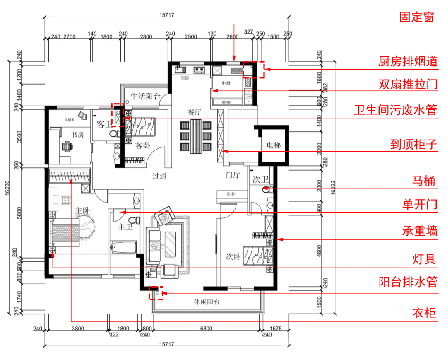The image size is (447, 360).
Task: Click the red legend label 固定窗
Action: (x=417, y=17)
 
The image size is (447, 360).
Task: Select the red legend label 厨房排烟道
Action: (x=408, y=62)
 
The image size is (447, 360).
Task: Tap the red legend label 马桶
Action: (x=423, y=181)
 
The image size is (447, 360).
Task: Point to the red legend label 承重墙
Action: (x=420, y=231)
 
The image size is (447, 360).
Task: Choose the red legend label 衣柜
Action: (x=424, y=313)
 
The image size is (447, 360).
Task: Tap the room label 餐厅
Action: (x=195, y=112)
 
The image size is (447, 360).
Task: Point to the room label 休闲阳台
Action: (x=207, y=302)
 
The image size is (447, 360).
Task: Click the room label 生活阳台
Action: (x=145, y=97)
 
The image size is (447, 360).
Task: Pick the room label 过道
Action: (x=159, y=176)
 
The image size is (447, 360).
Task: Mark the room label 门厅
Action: (x=233, y=175)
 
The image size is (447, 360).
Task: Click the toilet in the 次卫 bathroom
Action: (x=266, y=190)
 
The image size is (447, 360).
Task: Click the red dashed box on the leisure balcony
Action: (x=156, y=293)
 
